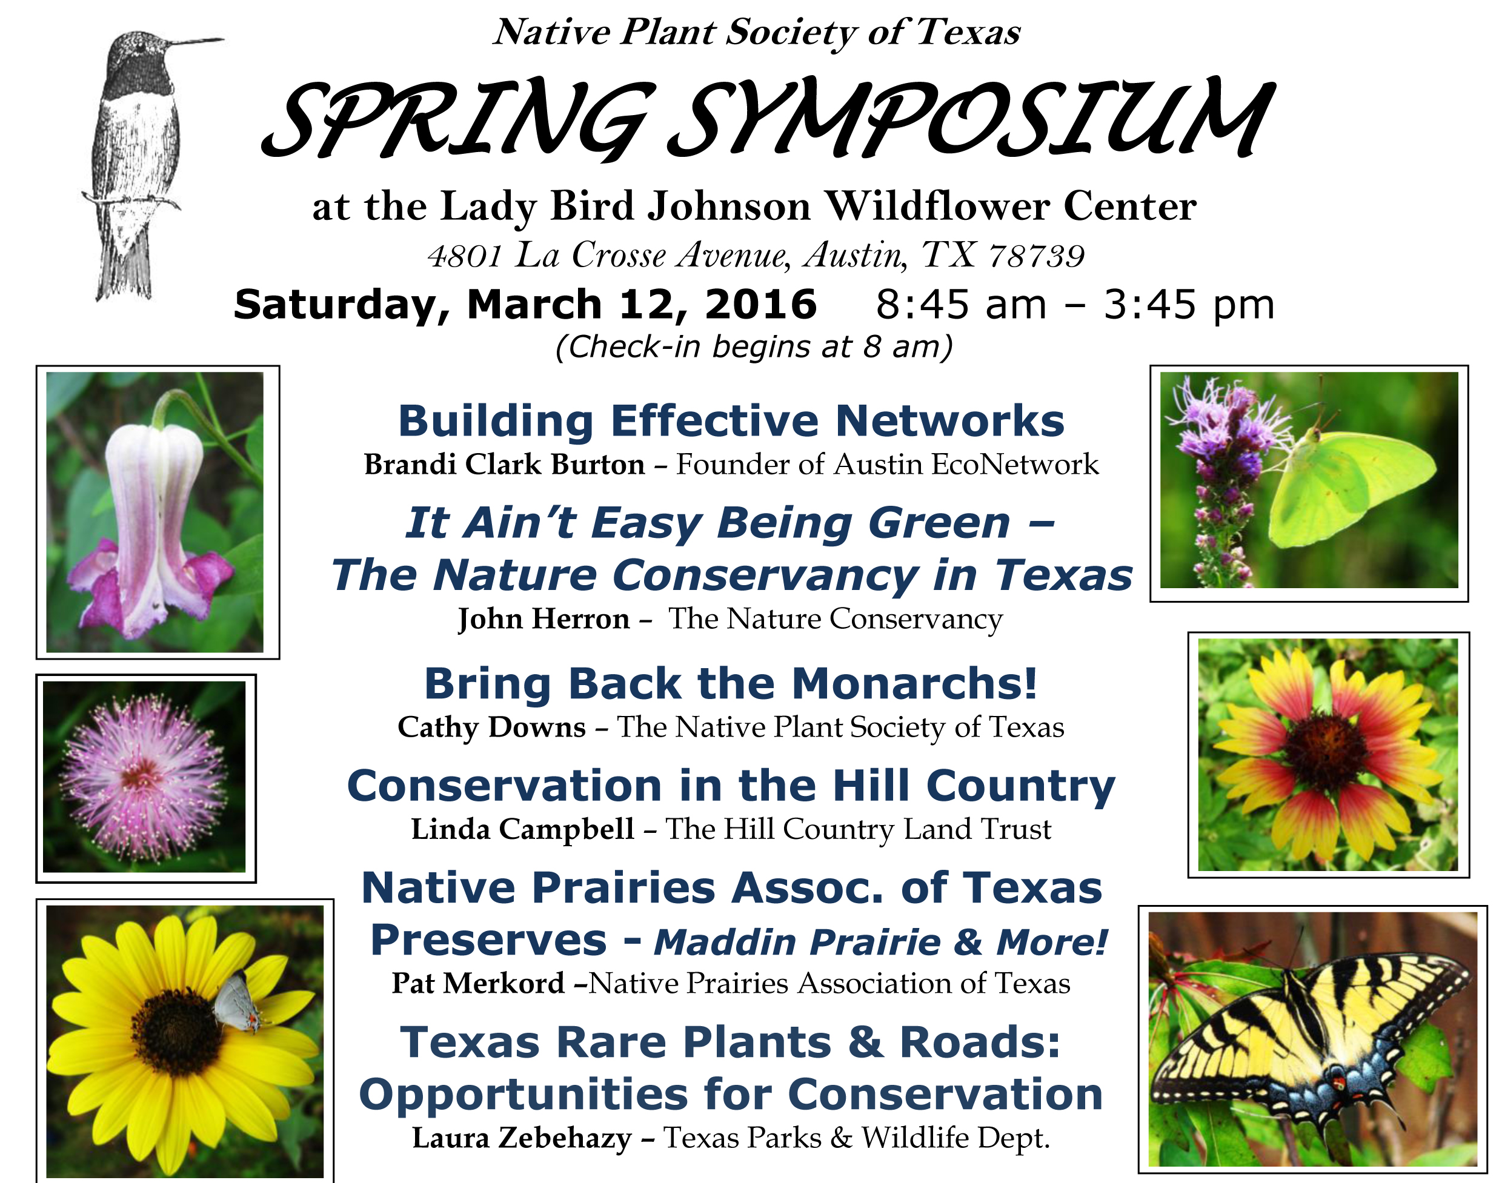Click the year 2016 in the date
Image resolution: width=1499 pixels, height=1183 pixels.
click(760, 305)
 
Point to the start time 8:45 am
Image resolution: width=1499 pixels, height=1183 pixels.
click(961, 305)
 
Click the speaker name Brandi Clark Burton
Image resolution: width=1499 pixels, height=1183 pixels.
click(504, 465)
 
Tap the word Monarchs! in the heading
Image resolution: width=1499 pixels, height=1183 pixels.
click(914, 684)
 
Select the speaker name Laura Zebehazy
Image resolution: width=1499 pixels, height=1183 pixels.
click(522, 1138)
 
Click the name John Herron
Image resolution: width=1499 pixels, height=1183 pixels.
click(543, 619)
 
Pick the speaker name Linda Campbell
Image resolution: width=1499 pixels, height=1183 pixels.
click(523, 829)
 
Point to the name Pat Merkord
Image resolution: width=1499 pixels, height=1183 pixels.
click(478, 984)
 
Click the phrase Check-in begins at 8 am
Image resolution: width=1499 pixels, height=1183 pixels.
click(753, 347)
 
